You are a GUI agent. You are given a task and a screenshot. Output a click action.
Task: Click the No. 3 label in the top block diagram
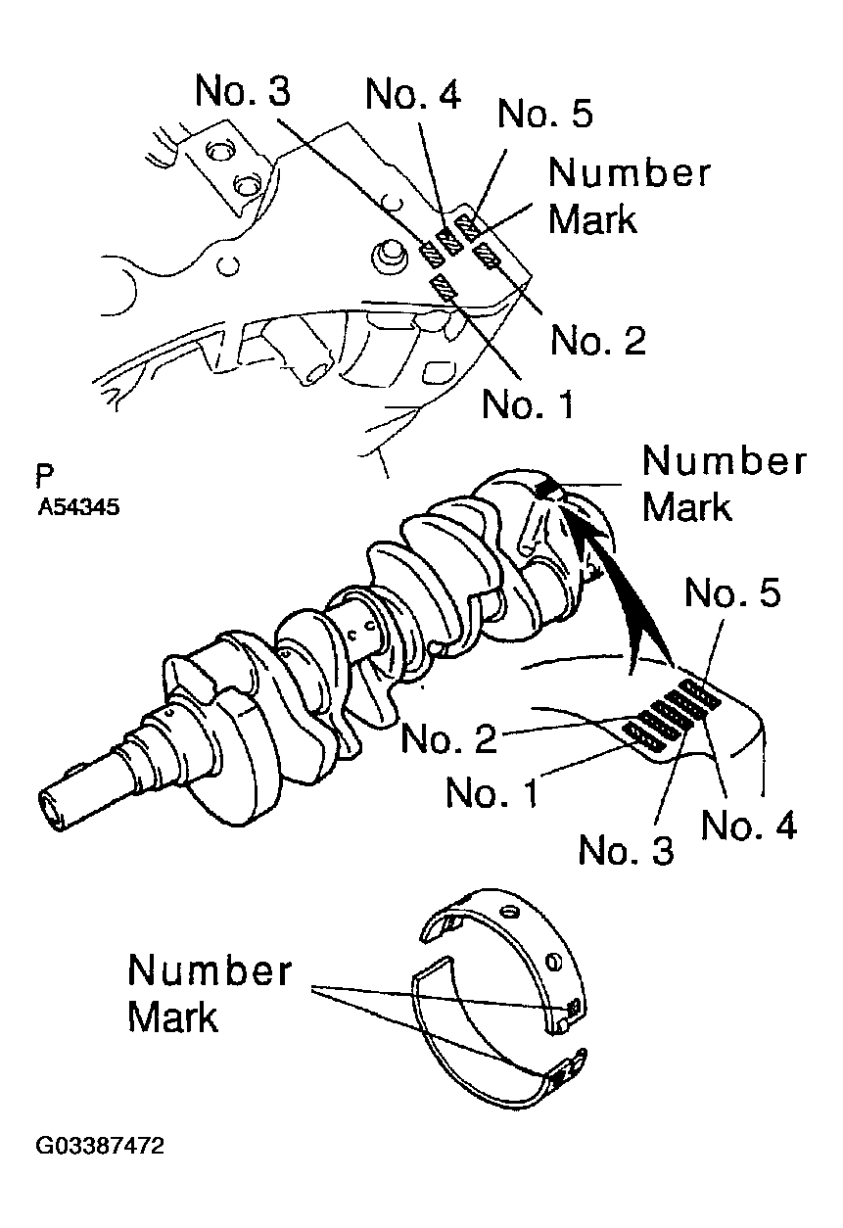(243, 90)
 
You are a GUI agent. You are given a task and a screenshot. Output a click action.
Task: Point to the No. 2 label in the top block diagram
(598, 340)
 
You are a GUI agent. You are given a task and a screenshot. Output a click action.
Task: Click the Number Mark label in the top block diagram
(629, 195)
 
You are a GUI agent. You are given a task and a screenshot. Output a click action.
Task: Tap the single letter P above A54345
(43, 477)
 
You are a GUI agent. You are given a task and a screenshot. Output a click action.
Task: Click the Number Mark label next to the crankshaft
(724, 483)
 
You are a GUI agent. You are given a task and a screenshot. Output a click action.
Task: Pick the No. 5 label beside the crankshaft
(732, 593)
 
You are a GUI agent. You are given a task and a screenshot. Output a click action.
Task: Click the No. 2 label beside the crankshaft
(448, 737)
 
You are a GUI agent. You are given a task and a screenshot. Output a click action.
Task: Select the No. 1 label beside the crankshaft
(492, 792)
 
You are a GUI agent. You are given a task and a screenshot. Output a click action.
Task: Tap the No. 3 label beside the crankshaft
(627, 850)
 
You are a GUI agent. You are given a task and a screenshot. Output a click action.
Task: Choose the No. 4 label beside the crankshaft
(749, 826)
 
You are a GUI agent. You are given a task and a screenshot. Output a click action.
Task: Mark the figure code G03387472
(99, 1145)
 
